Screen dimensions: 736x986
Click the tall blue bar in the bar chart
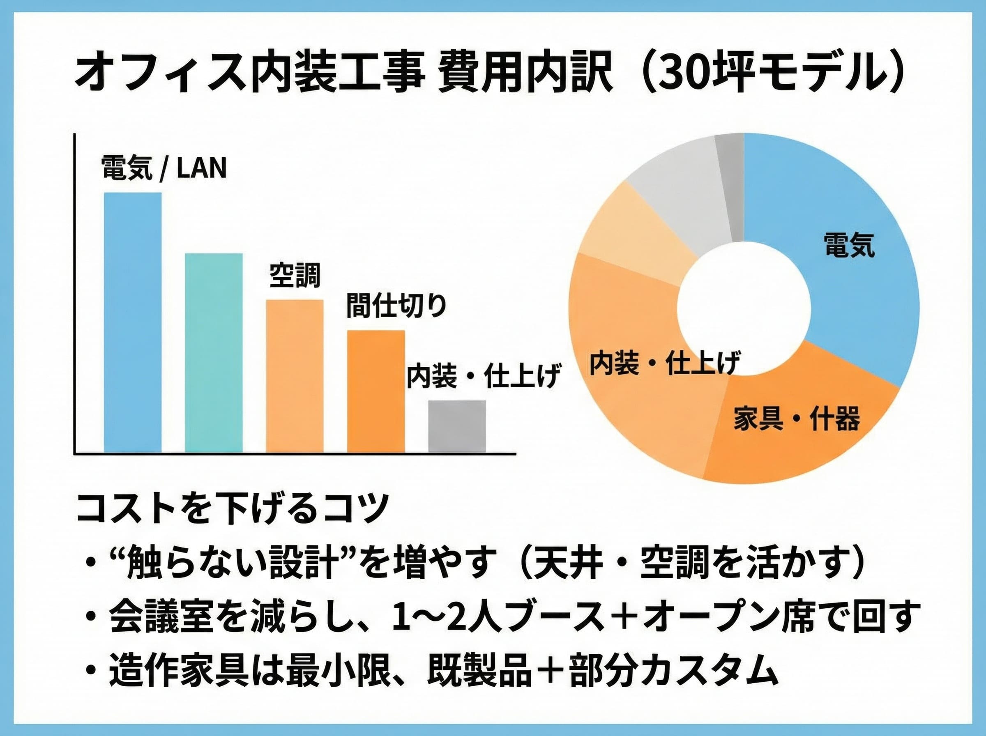click(132, 322)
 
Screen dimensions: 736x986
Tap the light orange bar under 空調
click(295, 376)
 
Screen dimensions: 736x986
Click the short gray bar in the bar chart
click(457, 426)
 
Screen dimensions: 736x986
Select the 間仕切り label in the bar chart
click(396, 306)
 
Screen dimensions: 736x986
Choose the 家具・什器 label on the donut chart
click(797, 419)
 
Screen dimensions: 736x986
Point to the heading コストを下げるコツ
click(232, 508)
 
